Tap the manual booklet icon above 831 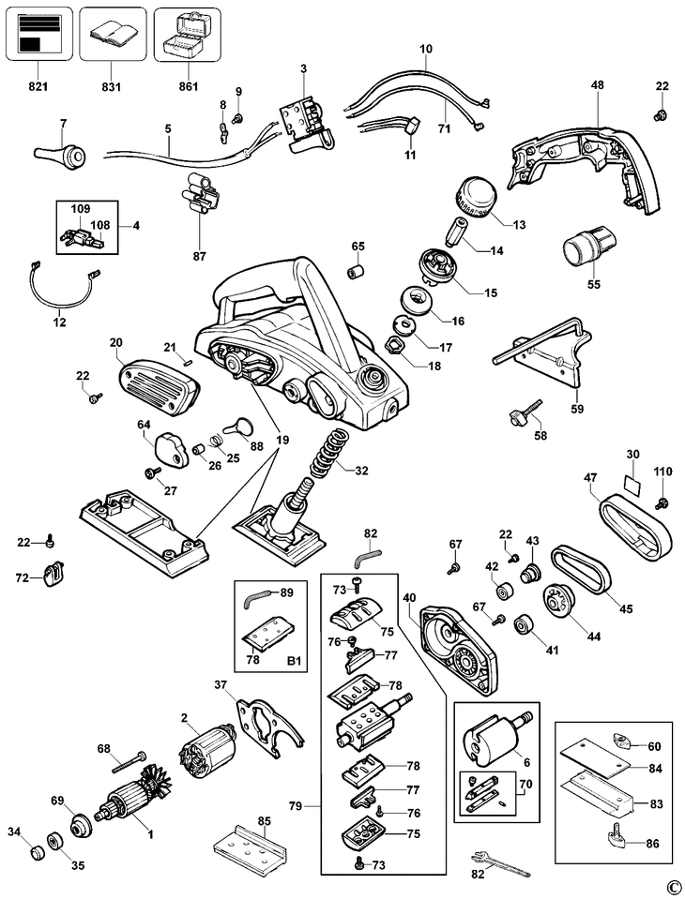pyautogui.click(x=112, y=35)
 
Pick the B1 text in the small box pyautogui.click(x=295, y=661)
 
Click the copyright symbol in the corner pyautogui.click(x=672, y=886)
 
